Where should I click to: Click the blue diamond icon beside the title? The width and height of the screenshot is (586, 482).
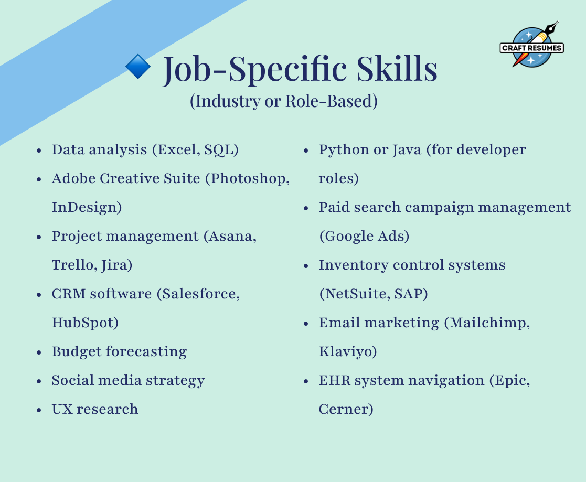click(138, 67)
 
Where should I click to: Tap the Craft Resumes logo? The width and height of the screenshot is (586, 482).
click(532, 45)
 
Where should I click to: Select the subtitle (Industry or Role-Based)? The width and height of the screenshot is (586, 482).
click(284, 101)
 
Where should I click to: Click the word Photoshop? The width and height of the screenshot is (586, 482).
click(248, 179)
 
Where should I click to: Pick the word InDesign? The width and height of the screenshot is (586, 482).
click(84, 207)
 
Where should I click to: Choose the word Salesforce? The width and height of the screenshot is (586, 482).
click(198, 294)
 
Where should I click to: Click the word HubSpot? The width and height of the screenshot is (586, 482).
click(82, 323)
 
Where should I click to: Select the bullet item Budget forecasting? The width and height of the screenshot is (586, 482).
click(119, 352)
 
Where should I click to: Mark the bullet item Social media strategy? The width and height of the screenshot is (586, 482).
click(128, 381)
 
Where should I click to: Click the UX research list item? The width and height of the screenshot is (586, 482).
click(95, 409)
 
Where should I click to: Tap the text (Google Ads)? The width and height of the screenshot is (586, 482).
click(365, 236)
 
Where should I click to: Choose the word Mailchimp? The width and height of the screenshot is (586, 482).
click(488, 323)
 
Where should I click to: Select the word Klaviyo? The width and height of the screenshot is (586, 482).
click(345, 352)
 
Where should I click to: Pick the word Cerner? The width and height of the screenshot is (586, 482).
click(344, 409)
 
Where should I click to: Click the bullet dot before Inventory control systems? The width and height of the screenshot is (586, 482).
click(306, 266)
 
